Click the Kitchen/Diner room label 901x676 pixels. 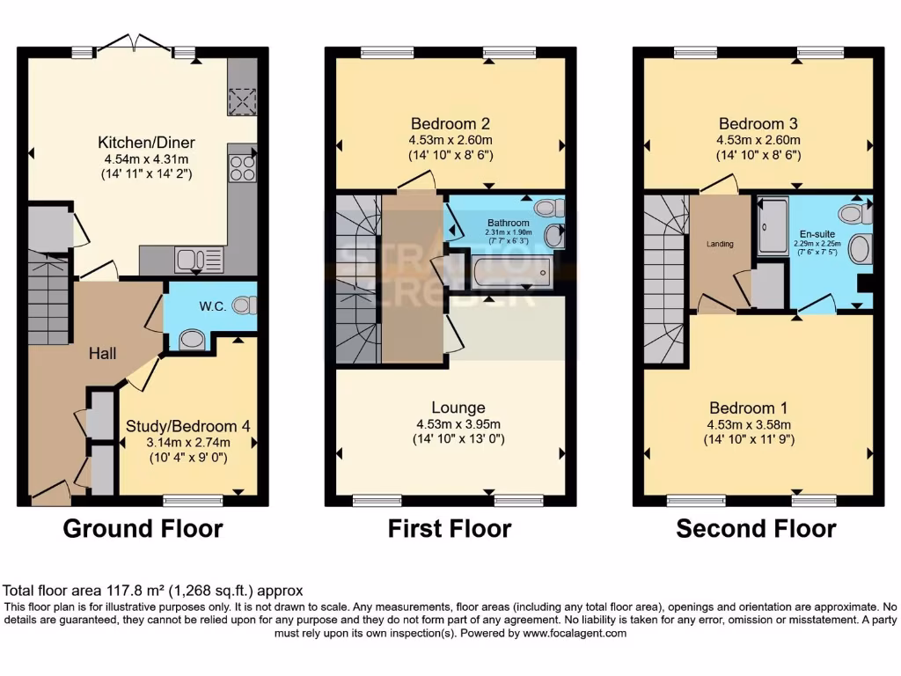coord(146,143)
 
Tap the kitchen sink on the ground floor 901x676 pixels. coord(199,259)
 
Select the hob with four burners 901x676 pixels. coord(243,167)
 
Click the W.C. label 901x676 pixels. coord(214,307)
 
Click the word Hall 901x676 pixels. coord(103,353)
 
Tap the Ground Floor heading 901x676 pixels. coord(143,529)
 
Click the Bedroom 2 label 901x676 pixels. coord(450,123)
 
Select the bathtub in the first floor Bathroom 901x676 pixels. coord(511,272)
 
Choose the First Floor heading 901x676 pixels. coord(450,529)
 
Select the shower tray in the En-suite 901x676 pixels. coord(773,226)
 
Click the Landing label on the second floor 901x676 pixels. coord(719,244)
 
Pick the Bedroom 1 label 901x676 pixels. coord(749,408)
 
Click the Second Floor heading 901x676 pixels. coord(756,529)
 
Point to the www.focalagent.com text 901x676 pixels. coord(574,633)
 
